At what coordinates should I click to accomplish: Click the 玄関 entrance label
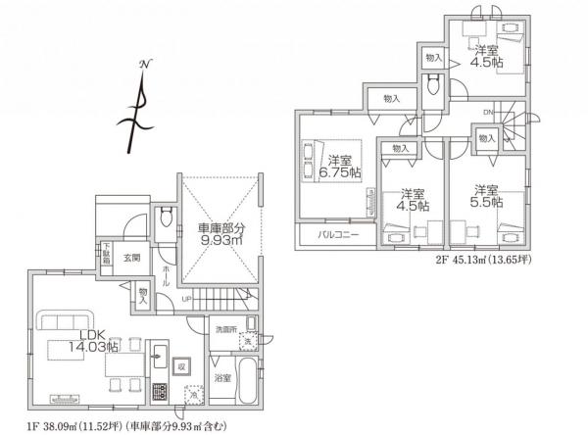[x=131, y=257]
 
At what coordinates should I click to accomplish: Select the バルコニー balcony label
[x=336, y=236]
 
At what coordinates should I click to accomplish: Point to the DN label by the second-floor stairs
[x=487, y=114]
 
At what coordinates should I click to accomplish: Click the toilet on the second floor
[x=432, y=85]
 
